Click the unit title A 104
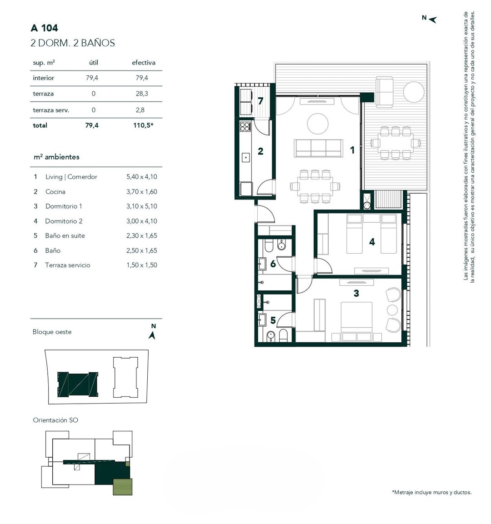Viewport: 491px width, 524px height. (44, 28)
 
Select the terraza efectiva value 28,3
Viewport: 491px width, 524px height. (142, 94)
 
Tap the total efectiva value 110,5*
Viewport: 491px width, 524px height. (143, 125)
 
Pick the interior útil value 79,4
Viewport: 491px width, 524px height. (92, 78)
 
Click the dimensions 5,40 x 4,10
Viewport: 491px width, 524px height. (142, 177)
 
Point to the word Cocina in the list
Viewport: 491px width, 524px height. (55, 191)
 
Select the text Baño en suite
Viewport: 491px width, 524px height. (65, 235)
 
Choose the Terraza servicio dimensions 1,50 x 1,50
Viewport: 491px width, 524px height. (142, 265)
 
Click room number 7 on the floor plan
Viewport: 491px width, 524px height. (261, 100)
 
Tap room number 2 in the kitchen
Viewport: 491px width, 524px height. (261, 151)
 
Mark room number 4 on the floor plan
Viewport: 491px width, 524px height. (372, 242)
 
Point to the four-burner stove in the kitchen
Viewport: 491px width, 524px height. (245, 127)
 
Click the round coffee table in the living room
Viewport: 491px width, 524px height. (317, 124)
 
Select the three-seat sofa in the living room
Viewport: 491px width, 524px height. (319, 148)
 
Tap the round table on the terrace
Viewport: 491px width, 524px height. (414, 91)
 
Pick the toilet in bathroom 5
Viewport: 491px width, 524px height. (283, 335)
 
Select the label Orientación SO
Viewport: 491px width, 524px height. (55, 420)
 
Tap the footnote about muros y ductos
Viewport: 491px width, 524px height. (432, 492)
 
